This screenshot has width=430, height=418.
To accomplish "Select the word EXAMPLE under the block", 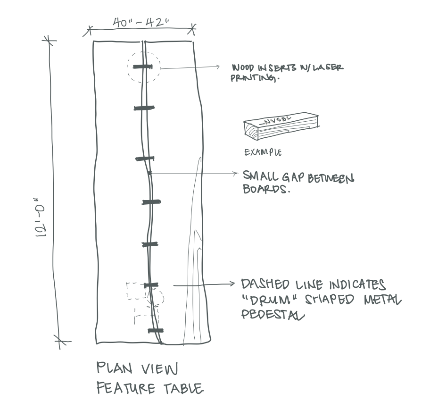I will (x=263, y=152).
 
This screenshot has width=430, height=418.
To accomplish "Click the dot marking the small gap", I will (x=149, y=173).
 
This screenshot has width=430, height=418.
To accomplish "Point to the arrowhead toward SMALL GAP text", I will (x=236, y=174).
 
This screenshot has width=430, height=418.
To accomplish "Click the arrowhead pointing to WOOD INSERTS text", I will (x=217, y=67).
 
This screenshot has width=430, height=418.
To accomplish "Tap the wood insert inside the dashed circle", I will (x=143, y=67).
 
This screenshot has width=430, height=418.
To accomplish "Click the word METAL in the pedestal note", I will (x=379, y=300).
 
